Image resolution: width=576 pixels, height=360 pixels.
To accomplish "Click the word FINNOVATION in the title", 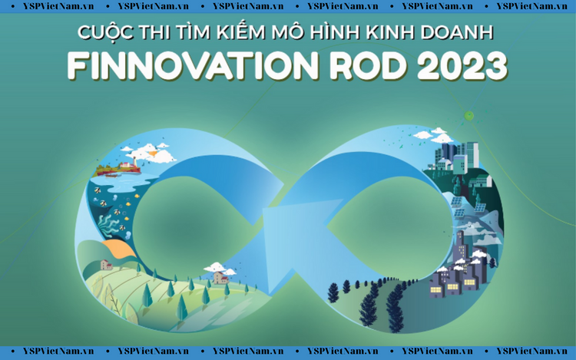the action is click(193, 66).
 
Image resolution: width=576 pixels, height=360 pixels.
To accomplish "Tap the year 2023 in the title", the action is click(462, 66).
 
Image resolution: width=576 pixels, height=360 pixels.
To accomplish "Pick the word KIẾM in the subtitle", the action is click(240, 31).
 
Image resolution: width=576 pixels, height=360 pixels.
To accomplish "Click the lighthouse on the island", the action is click(134, 162).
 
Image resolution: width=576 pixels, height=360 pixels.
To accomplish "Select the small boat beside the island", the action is click(111, 176).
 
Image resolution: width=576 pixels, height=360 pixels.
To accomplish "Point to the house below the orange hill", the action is click(107, 265).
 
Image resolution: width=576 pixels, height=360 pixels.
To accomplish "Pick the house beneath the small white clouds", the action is click(220, 278).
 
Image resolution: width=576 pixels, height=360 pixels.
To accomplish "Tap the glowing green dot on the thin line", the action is click(468, 116).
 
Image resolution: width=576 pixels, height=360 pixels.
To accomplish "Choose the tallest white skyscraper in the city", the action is click(472, 154).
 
